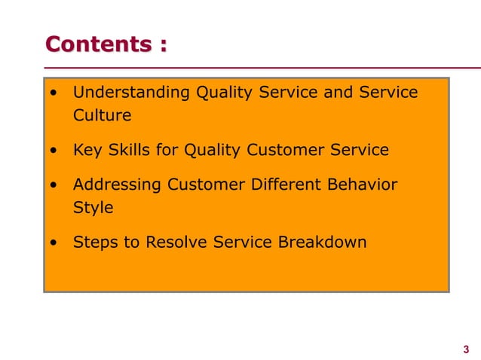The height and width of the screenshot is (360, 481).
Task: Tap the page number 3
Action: [465, 349]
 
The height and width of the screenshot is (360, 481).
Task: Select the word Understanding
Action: [131, 93]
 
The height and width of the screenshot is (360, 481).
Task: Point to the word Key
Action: [86, 150]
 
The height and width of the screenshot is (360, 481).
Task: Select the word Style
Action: [92, 207]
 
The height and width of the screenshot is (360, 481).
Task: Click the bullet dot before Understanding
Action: [53, 94]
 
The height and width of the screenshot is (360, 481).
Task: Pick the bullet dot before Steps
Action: [53, 243]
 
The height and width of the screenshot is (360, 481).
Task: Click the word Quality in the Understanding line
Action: [225, 93]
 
